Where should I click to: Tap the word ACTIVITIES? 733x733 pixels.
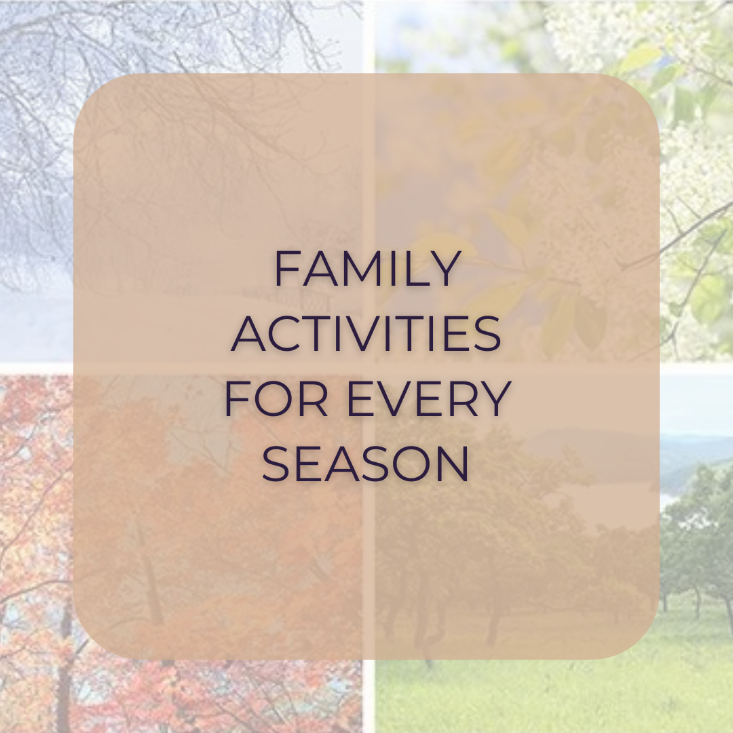(x=366, y=334)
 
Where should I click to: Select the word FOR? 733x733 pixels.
(x=276, y=399)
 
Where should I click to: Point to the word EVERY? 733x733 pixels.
(x=429, y=399)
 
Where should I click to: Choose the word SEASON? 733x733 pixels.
(x=366, y=464)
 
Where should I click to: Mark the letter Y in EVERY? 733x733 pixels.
(x=495, y=399)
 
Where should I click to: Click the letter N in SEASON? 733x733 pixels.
(x=453, y=464)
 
